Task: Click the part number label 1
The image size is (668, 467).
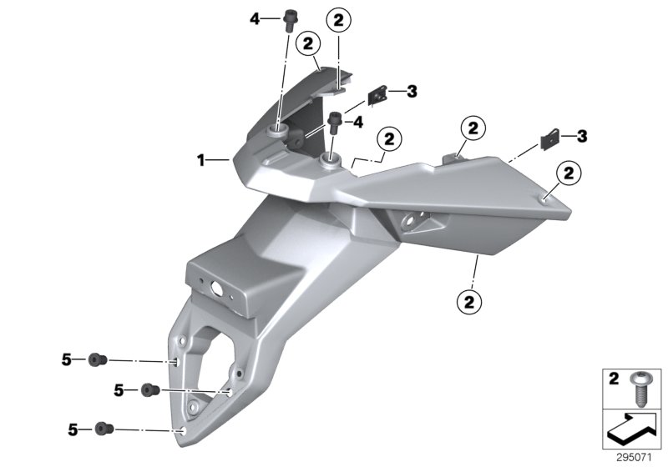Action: pyautogui.click(x=200, y=160)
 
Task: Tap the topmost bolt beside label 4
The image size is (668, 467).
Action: pyautogui.click(x=290, y=21)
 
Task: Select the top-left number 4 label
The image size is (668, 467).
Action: pyautogui.click(x=255, y=18)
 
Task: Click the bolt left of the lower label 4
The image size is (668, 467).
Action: pyautogui.click(x=334, y=122)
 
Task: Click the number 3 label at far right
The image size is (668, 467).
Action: pyautogui.click(x=581, y=136)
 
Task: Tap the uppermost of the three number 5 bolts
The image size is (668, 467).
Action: pyautogui.click(x=98, y=359)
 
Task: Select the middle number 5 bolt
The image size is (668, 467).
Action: pyautogui.click(x=150, y=389)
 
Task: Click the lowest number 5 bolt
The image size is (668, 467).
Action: pyautogui.click(x=104, y=429)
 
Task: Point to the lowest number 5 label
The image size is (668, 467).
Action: pyautogui.click(x=73, y=429)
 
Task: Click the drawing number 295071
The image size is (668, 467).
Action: pyautogui.click(x=634, y=458)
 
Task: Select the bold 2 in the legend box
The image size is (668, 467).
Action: pyautogui.click(x=614, y=379)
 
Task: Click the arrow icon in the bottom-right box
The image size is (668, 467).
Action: pyautogui.click(x=631, y=429)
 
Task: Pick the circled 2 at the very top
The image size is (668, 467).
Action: pyautogui.click(x=339, y=20)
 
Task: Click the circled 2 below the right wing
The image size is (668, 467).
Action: pyautogui.click(x=469, y=302)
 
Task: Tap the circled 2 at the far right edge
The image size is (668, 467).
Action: pyautogui.click(x=569, y=173)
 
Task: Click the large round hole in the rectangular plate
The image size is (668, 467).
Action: pyautogui.click(x=216, y=289)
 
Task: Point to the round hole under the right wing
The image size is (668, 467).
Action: pyautogui.click(x=410, y=221)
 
